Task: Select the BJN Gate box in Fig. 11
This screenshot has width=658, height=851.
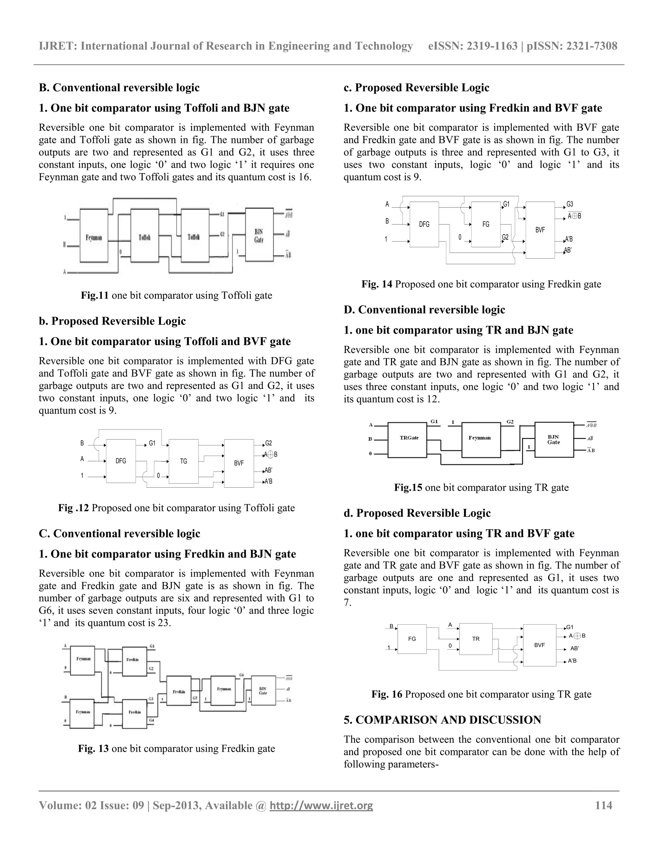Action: point(259,235)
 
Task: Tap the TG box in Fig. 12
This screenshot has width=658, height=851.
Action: point(183,461)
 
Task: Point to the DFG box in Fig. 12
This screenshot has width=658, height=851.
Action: point(121,461)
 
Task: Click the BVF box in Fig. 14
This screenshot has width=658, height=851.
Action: point(540,230)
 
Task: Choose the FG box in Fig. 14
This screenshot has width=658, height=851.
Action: point(486,224)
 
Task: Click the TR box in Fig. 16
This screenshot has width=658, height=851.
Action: point(476,639)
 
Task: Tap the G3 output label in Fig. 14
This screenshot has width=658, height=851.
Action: point(570,204)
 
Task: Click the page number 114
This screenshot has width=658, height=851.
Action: point(603,805)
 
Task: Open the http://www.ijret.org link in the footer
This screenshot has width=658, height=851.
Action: point(321,805)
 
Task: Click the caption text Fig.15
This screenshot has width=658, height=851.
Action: point(408,487)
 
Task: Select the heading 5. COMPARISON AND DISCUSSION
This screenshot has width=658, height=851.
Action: point(442,720)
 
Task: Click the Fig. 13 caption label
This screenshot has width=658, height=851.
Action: point(93,749)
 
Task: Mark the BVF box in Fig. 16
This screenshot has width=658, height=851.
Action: point(539,645)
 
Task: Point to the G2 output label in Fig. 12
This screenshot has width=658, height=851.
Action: point(269,443)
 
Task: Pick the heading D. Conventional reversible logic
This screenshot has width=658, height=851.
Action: point(424,310)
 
